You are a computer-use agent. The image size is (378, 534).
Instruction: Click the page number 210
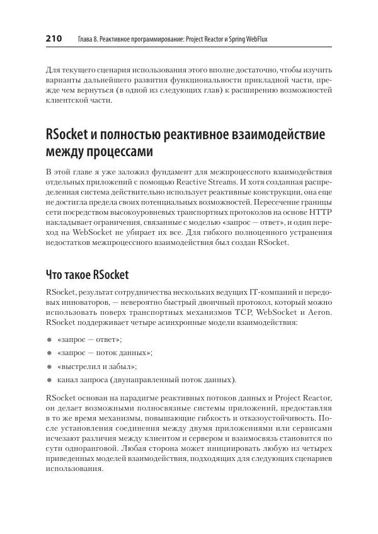click(54, 39)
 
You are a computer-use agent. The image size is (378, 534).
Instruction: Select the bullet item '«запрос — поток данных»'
click(105, 353)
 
